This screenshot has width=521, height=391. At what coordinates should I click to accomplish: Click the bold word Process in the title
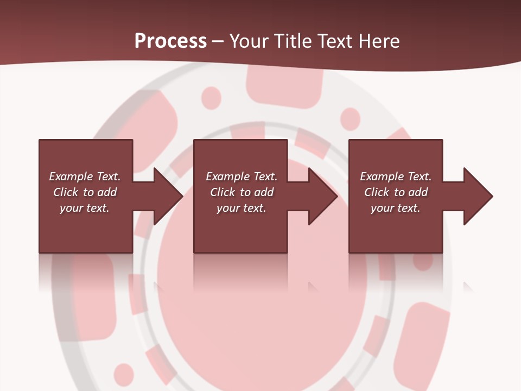pos(170,41)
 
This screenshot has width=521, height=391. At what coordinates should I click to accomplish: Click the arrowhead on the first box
pos(166,196)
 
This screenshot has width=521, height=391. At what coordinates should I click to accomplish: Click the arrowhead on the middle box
pos(321,196)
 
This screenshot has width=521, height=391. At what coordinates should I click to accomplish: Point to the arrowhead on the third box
pos(476,196)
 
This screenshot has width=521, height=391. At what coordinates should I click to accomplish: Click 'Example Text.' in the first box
pos(85,176)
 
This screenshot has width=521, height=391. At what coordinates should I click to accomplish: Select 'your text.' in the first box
pos(85,208)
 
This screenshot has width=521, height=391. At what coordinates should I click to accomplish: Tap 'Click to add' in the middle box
pos(242,192)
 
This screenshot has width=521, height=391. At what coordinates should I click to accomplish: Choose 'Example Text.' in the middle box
pos(242,176)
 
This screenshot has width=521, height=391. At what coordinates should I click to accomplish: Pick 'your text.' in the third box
pos(396,208)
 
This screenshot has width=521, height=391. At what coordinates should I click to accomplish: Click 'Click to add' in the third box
pos(396,192)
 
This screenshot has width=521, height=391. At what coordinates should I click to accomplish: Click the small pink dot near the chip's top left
pos(211,98)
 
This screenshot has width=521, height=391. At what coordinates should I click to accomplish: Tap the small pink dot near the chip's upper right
pos(350,118)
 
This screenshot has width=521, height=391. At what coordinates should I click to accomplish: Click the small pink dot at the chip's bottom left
pos(124,374)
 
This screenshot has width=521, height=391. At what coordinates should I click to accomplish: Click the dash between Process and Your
pos(218,41)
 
